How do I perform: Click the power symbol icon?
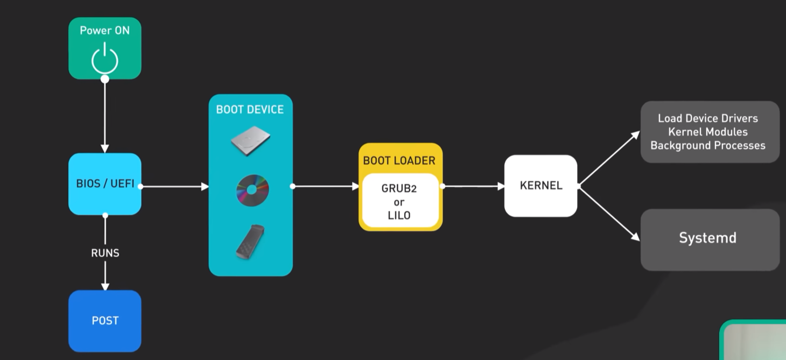point(104,59)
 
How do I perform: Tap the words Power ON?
point(104,31)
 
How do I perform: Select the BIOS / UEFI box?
point(104,184)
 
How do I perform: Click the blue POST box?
point(104,321)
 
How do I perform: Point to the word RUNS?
point(105,253)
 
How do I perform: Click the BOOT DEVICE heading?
point(250,110)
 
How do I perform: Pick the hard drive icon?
point(250,141)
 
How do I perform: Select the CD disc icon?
point(252,190)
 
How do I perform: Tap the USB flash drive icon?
point(250,241)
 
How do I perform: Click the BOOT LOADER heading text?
point(399,160)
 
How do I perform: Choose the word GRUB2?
point(399,189)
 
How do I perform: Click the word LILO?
point(399,216)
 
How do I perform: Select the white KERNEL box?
point(541,186)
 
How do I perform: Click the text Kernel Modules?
point(707,132)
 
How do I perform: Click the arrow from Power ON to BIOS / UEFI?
point(105,116)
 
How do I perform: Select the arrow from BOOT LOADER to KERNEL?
point(474,186)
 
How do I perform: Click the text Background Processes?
point(707,145)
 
